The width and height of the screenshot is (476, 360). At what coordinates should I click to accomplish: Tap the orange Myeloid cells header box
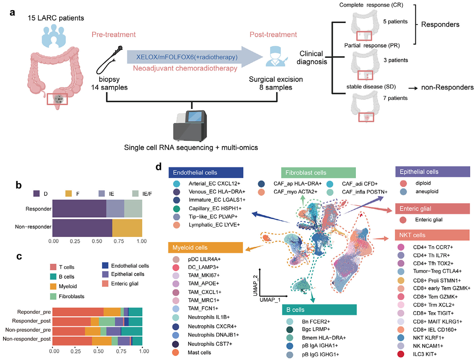tap(206, 248)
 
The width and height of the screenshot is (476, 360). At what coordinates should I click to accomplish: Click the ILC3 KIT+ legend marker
tap(400, 353)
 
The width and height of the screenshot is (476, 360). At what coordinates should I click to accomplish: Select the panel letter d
tap(159, 167)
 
